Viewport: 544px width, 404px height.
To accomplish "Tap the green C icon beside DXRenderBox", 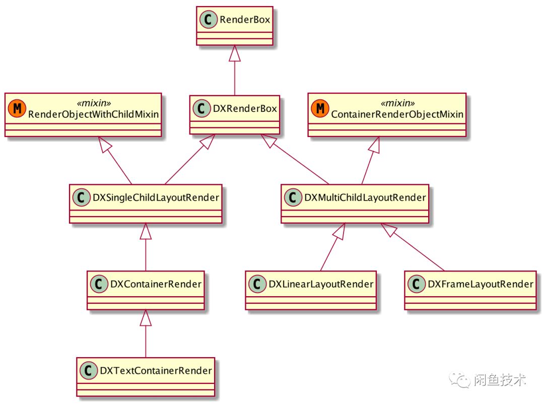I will [x=201, y=108].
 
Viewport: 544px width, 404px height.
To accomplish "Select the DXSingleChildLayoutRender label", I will [x=156, y=197].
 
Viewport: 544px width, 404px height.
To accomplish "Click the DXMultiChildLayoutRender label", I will [x=365, y=197].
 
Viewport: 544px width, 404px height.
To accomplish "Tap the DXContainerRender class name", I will [x=156, y=284].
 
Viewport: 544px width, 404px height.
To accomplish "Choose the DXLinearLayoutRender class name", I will [x=321, y=284].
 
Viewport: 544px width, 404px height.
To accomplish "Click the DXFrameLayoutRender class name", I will [x=480, y=284].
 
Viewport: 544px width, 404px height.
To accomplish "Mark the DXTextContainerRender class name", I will [x=156, y=371].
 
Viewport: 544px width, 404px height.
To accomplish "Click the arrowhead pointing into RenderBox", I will [x=234, y=53].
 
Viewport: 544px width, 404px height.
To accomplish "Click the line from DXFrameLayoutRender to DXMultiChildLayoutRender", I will [x=418, y=250].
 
